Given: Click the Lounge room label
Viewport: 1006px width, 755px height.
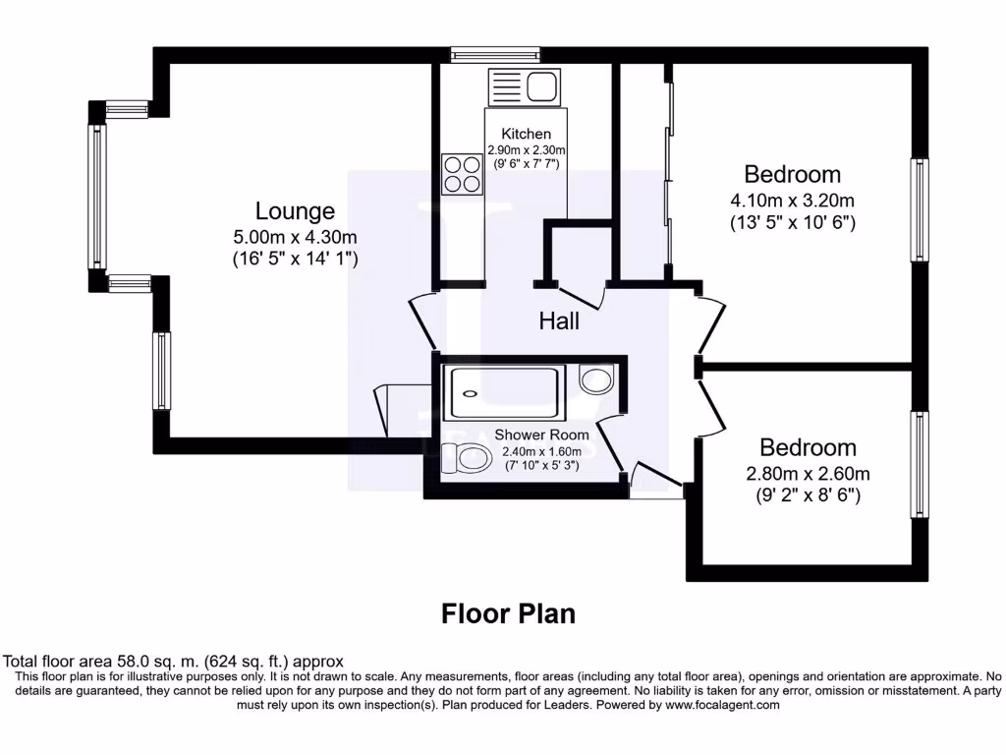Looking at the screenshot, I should coord(295,210).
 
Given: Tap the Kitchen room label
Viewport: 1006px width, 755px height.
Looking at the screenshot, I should coord(526,134).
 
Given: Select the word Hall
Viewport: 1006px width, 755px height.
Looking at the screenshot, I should coord(559,320).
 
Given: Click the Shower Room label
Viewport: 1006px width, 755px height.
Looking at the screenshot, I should coord(541,435).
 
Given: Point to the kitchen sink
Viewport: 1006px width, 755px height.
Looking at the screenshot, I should coord(541,86).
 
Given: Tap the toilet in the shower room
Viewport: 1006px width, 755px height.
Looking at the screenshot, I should coord(466,456).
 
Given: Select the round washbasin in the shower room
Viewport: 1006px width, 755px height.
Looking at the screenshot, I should coord(596,378).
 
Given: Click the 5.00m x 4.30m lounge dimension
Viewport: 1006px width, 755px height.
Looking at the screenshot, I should coord(295,236).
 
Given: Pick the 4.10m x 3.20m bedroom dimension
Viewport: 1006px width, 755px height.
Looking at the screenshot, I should coord(792,201).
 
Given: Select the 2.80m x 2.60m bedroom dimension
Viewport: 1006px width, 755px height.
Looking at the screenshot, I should coord(808,473).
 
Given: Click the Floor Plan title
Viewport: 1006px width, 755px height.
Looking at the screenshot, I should coord(508,613).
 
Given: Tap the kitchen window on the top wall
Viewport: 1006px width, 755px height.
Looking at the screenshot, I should coord(495,55).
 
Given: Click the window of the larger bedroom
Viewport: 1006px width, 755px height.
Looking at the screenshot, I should coord(919,209).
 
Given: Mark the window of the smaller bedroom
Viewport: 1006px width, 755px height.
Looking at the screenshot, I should coord(919,464).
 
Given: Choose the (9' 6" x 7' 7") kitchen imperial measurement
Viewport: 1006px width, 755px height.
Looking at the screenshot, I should coord(527,164).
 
